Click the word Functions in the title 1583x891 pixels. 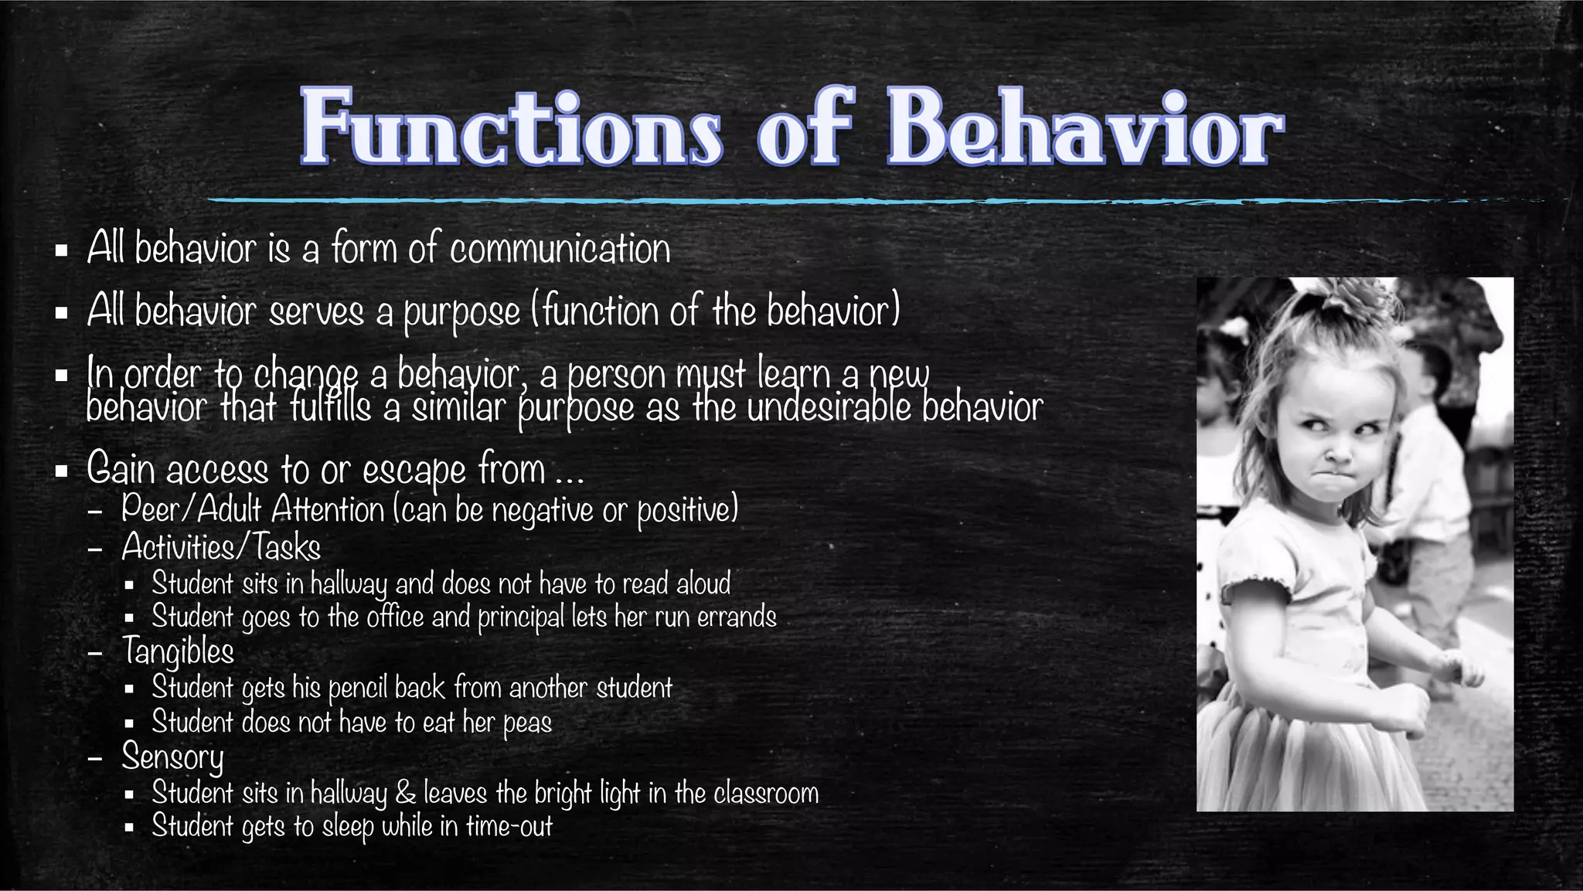pos(511,128)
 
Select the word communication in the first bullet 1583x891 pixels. pos(560,250)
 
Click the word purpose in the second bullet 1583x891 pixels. pos(461,313)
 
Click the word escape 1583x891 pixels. pos(414,470)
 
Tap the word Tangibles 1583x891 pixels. pos(178,651)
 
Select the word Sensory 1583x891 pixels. pos(172,757)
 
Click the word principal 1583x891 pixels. pos(520,617)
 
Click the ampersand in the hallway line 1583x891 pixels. pos(405,794)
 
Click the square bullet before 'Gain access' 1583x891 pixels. pos(62,471)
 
